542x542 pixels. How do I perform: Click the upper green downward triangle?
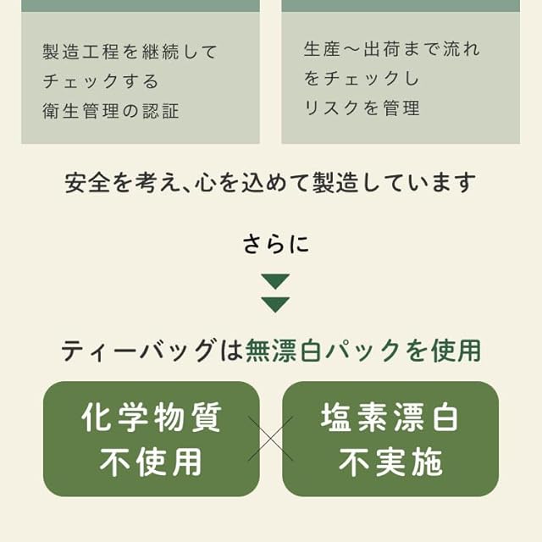click(275, 281)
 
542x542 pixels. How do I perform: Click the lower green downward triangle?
click(275, 304)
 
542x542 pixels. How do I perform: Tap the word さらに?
click(275, 245)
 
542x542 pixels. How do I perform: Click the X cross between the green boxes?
click(271, 439)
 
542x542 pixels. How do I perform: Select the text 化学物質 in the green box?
click(152, 418)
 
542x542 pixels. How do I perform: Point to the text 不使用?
click(152, 462)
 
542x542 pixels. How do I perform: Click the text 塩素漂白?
click(390, 418)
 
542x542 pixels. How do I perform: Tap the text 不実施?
click(390, 462)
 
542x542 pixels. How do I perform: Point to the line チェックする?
click(101, 81)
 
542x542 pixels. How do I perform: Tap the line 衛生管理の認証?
click(111, 111)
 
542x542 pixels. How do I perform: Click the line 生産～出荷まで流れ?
click(391, 49)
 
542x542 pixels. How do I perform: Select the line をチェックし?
click(362, 79)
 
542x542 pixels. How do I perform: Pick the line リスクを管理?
click(362, 108)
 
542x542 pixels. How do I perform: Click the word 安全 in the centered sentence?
click(84, 182)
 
